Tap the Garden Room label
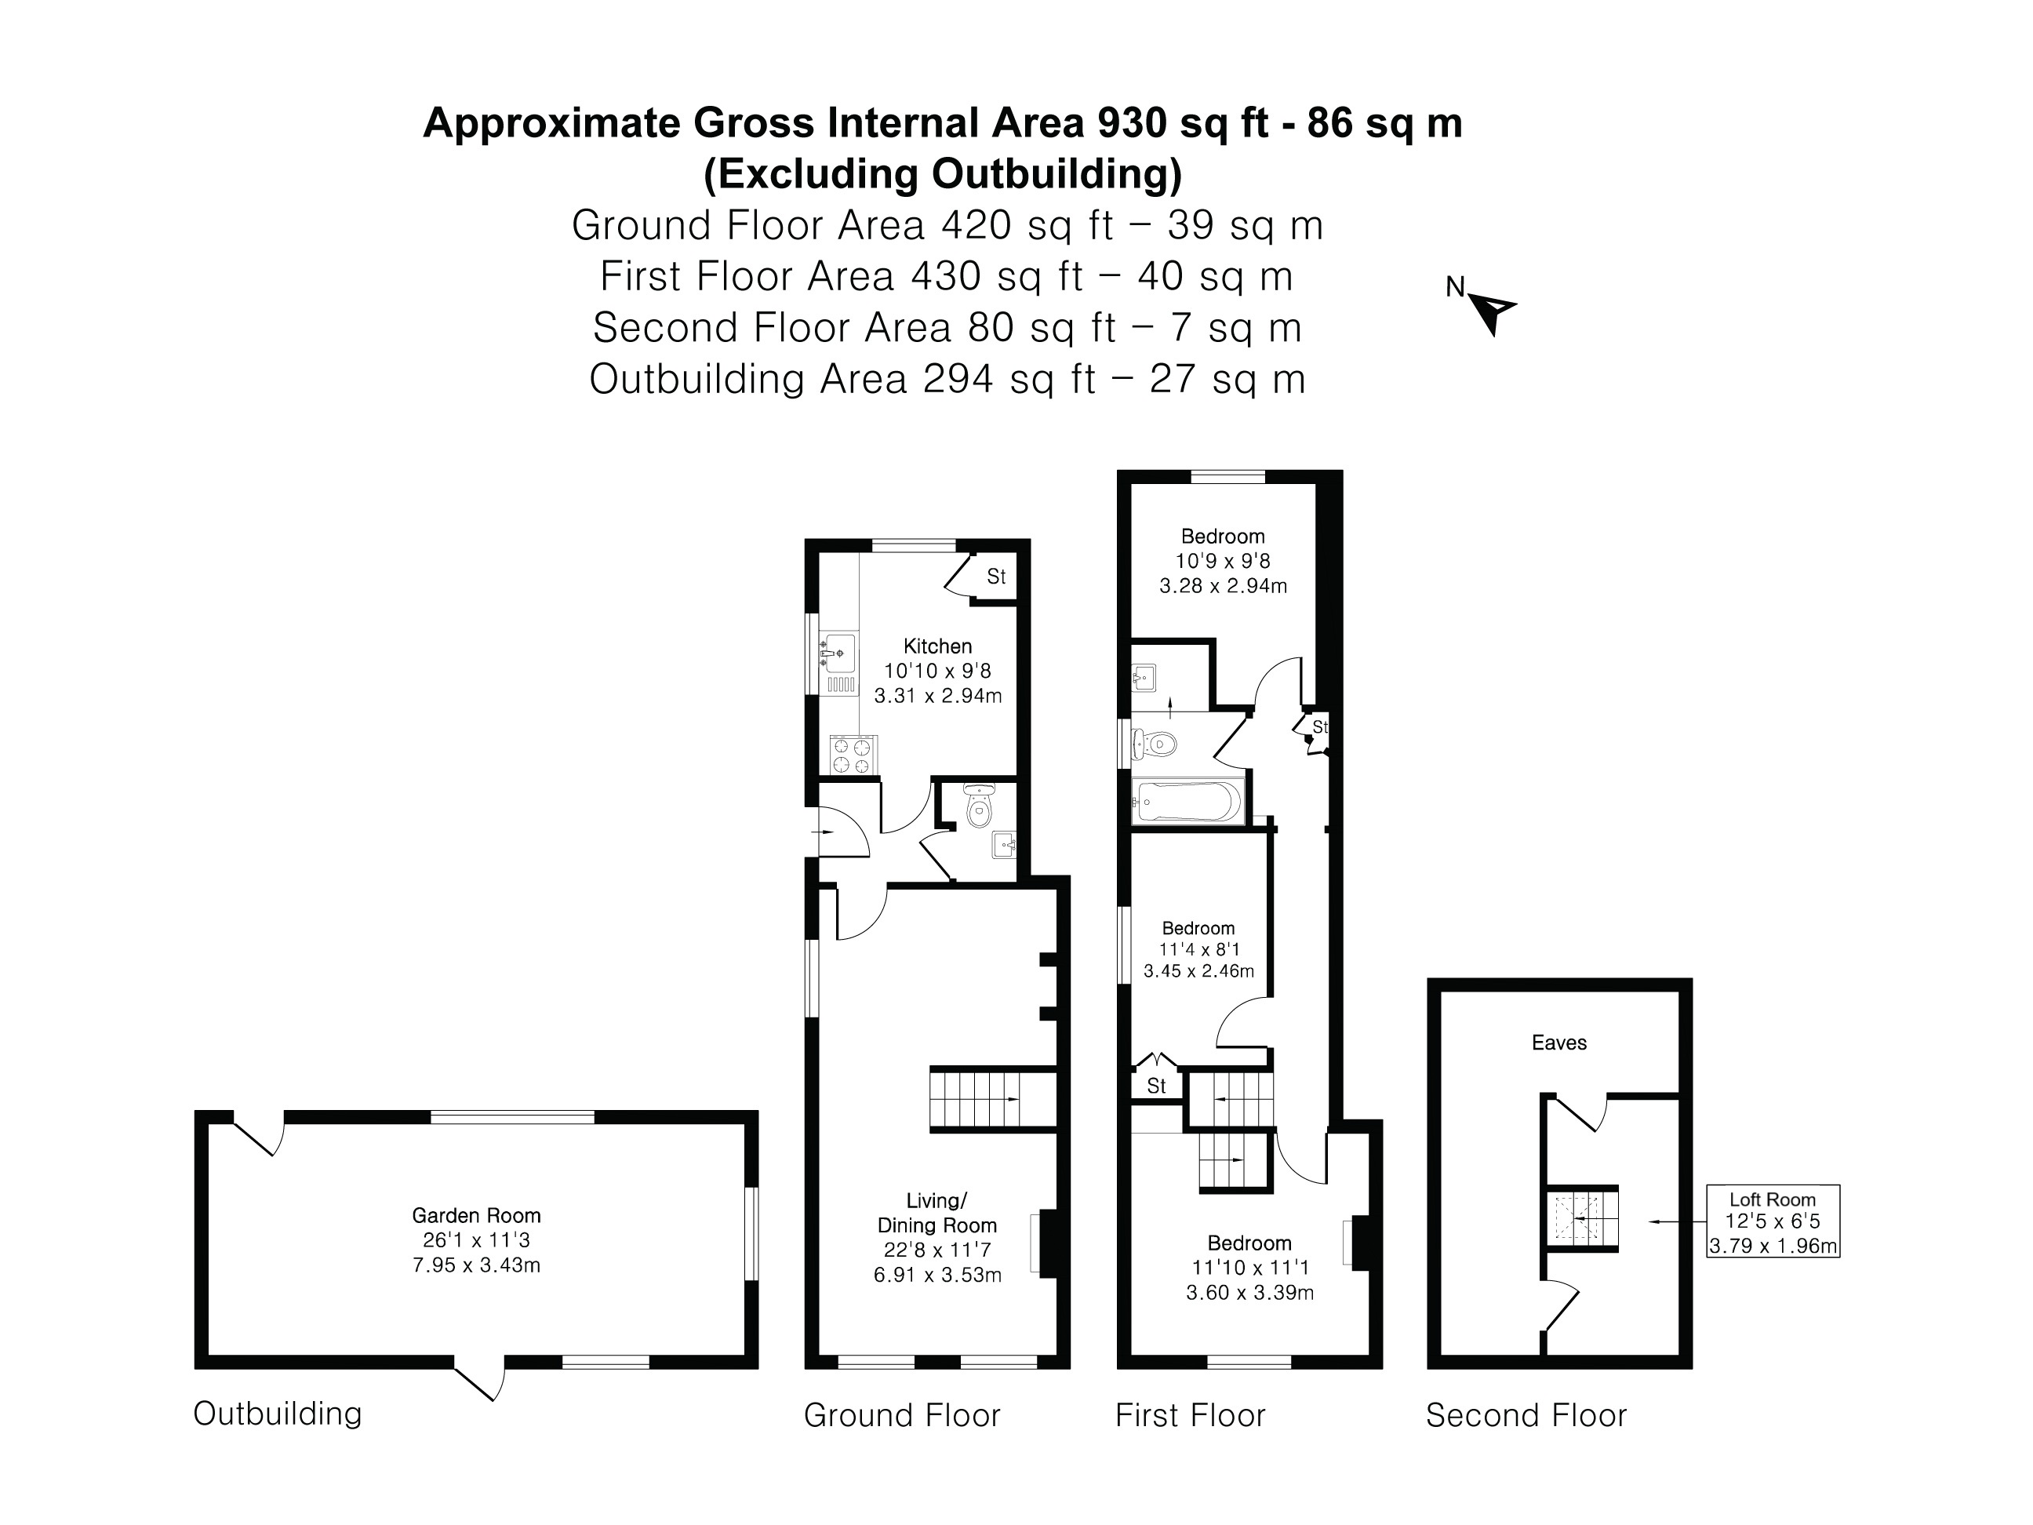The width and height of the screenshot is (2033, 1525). pyautogui.click(x=476, y=1215)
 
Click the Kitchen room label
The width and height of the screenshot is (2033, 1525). pyautogui.click(x=937, y=646)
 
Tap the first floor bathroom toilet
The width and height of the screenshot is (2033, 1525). pyautogui.click(x=1155, y=744)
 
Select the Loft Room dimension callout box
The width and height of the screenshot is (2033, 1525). pyautogui.click(x=1772, y=1221)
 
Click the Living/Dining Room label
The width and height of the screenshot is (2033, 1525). pyautogui.click(x=936, y=1213)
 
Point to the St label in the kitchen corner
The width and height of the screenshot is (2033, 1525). pyautogui.click(x=996, y=577)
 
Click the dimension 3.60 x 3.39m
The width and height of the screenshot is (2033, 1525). pyautogui.click(x=1249, y=1293)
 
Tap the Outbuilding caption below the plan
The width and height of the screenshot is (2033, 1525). pyautogui.click(x=278, y=1413)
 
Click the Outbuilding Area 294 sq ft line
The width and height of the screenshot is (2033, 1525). pyautogui.click(x=947, y=379)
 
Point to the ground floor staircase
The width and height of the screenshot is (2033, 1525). pyautogui.click(x=991, y=1099)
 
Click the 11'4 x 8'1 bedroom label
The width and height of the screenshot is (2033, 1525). pyautogui.click(x=1198, y=949)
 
